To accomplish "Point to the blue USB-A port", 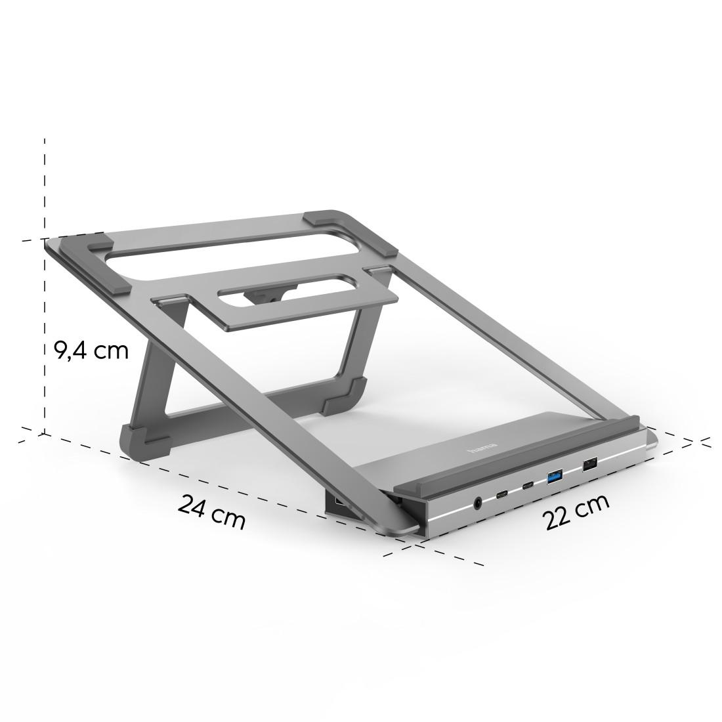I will (x=555, y=476).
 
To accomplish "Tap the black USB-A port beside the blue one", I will (x=589, y=464).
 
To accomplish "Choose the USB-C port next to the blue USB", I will (x=528, y=486).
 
